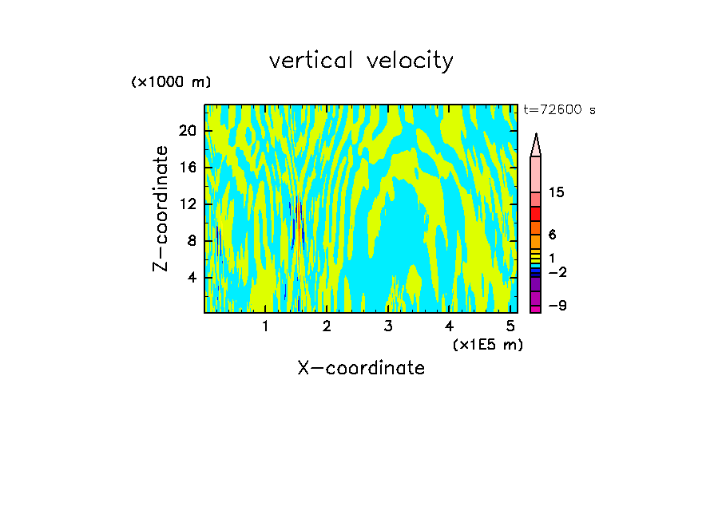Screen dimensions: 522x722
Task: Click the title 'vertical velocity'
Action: click(x=361, y=61)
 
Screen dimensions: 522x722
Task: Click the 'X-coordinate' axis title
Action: click(x=361, y=368)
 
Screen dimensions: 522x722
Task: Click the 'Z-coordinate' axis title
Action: click(x=161, y=208)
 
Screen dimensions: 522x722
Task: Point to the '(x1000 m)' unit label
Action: click(x=171, y=82)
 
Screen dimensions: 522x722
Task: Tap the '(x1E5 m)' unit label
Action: click(x=487, y=344)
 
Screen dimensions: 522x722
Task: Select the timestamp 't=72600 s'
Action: click(x=559, y=110)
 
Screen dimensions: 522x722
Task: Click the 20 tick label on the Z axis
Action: click(x=187, y=131)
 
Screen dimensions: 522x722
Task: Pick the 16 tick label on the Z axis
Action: click(x=187, y=168)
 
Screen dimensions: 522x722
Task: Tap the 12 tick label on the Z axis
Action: click(x=187, y=204)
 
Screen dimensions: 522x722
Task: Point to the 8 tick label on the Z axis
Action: click(x=191, y=241)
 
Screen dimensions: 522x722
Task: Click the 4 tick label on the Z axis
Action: click(x=191, y=278)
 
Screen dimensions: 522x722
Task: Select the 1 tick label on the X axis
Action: click(x=265, y=326)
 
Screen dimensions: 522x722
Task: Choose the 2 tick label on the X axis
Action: click(x=327, y=326)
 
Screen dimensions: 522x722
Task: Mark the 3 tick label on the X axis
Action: click(x=387, y=326)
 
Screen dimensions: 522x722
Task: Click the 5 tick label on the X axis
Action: click(x=510, y=326)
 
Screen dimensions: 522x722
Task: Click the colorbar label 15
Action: click(x=557, y=193)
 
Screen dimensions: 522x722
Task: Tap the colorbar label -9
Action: click(x=557, y=306)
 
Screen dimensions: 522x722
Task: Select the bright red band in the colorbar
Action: click(x=536, y=214)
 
